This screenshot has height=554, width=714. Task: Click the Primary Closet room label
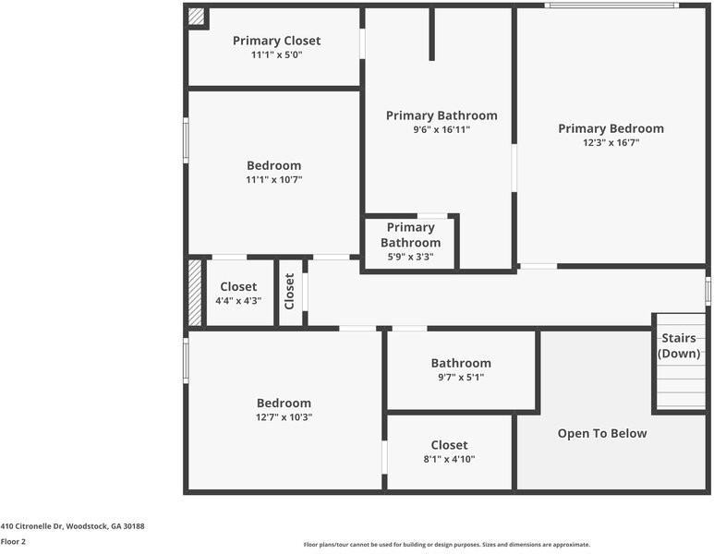tap(276, 41)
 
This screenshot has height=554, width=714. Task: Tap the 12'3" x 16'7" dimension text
tap(611, 142)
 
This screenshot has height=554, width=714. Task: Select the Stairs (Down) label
tap(679, 345)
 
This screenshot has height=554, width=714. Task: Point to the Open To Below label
tap(602, 433)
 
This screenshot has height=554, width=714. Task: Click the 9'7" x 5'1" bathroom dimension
tap(461, 377)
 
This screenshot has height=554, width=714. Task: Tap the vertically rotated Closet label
tap(290, 292)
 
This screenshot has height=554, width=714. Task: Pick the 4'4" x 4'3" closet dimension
tap(238, 300)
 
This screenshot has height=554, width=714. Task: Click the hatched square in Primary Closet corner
tap(196, 17)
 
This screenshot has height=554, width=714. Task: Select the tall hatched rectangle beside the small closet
tap(195, 293)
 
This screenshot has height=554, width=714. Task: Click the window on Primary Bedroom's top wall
tap(611, 6)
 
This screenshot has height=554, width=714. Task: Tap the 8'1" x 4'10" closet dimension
tap(449, 459)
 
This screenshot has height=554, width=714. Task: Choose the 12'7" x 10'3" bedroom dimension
tap(284, 417)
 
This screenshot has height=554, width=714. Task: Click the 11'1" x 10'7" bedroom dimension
tap(273, 179)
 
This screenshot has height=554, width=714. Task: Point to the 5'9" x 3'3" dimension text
tap(410, 257)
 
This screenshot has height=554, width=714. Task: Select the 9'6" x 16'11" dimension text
tap(442, 130)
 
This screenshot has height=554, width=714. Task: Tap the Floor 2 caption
tap(13, 542)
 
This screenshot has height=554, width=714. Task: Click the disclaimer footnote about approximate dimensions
tap(447, 545)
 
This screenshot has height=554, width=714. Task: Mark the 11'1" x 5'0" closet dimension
tap(276, 55)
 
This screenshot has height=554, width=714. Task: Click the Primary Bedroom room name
tap(611, 128)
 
